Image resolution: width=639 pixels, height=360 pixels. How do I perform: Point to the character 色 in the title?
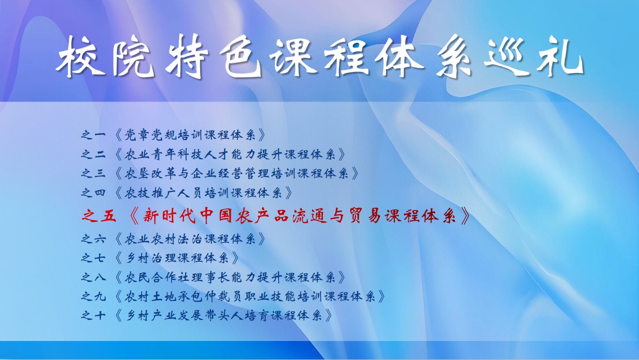pos(241,55)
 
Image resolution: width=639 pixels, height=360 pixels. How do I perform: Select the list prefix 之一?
pos(93,134)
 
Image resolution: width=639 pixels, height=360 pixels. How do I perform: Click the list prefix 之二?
pos(93,154)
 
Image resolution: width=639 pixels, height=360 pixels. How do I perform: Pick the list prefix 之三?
pos(93,173)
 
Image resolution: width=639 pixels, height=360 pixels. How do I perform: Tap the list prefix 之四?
pos(93,193)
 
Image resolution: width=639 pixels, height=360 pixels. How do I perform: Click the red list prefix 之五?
pos(99,215)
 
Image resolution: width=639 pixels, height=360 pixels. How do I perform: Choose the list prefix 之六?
pos(93,239)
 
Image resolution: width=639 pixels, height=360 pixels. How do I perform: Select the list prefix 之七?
pos(93,258)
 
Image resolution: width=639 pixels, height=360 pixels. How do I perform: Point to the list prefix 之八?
pos(93,277)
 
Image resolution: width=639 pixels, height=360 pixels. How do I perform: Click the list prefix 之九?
pos(93,297)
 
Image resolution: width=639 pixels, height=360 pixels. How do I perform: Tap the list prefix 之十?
pos(93,316)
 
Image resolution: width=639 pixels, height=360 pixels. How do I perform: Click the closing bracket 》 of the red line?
pos(464,216)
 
